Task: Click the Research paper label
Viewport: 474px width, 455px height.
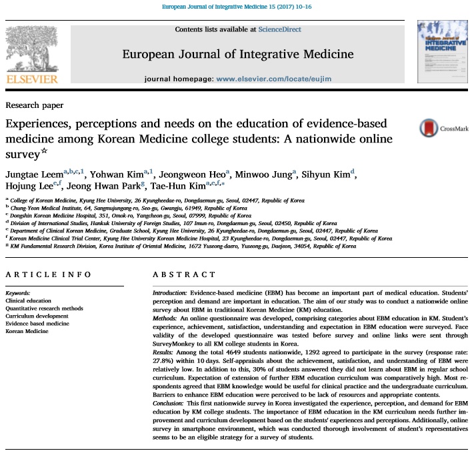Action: tap(35, 105)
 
